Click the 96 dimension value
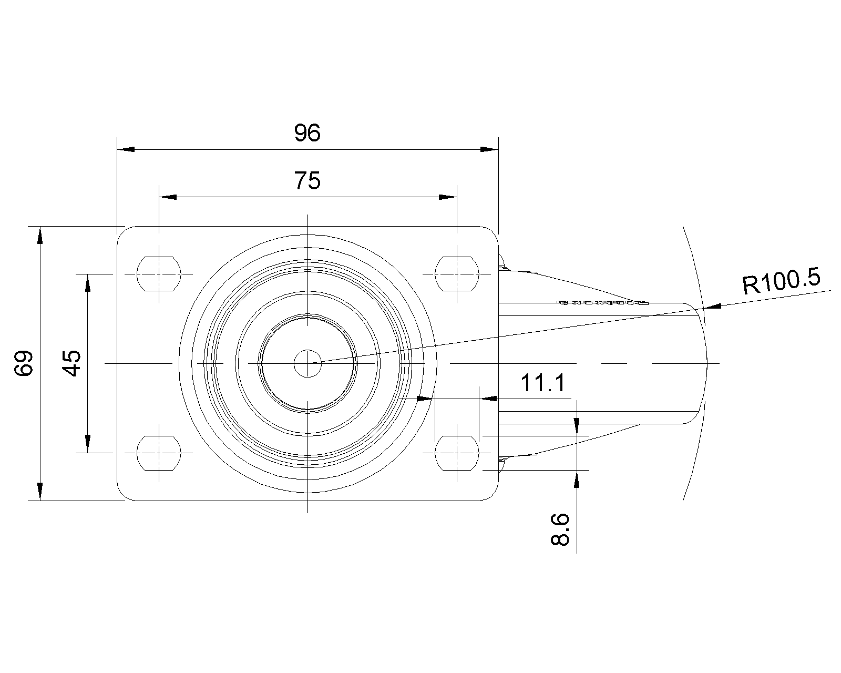click(x=307, y=132)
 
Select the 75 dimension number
click(x=307, y=181)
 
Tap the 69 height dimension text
click(x=24, y=363)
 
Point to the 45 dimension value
click(x=71, y=363)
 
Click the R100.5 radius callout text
click(x=781, y=281)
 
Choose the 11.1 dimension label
click(x=543, y=383)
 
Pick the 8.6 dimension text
click(x=560, y=529)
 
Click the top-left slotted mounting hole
click(x=159, y=274)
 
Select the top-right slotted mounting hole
click(x=457, y=274)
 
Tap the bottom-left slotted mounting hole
click(x=159, y=453)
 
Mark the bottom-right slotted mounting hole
click(x=457, y=453)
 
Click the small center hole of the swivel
click(x=307, y=364)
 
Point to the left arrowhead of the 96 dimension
click(x=126, y=149)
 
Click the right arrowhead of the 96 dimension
click(x=490, y=149)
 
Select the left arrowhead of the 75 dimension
click(x=168, y=197)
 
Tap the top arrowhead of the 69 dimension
click(x=40, y=236)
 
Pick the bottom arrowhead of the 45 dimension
click(x=88, y=444)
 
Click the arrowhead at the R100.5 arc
click(x=713, y=306)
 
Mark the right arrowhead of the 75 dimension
click(x=448, y=197)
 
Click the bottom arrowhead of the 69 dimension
click(x=40, y=492)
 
